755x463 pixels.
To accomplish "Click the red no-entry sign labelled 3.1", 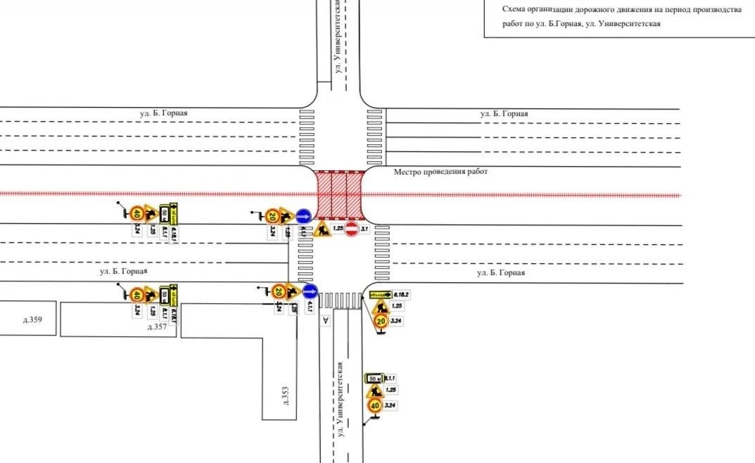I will click(350, 229).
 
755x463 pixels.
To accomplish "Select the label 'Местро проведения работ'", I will click(440, 172).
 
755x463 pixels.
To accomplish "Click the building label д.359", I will click(32, 320).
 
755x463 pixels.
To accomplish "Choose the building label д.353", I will click(285, 395).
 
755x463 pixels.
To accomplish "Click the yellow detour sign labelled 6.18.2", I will click(380, 294).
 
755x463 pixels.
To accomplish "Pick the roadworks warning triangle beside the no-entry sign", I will click(323, 229).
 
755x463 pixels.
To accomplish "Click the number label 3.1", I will click(364, 229).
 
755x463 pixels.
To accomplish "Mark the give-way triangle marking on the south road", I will click(325, 322).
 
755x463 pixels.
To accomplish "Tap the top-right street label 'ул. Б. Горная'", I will click(504, 113).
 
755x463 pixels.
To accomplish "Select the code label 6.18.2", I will click(401, 294).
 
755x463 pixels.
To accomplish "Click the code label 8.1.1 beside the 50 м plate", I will click(391, 379).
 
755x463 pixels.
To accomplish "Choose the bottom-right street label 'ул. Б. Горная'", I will click(500, 272).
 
